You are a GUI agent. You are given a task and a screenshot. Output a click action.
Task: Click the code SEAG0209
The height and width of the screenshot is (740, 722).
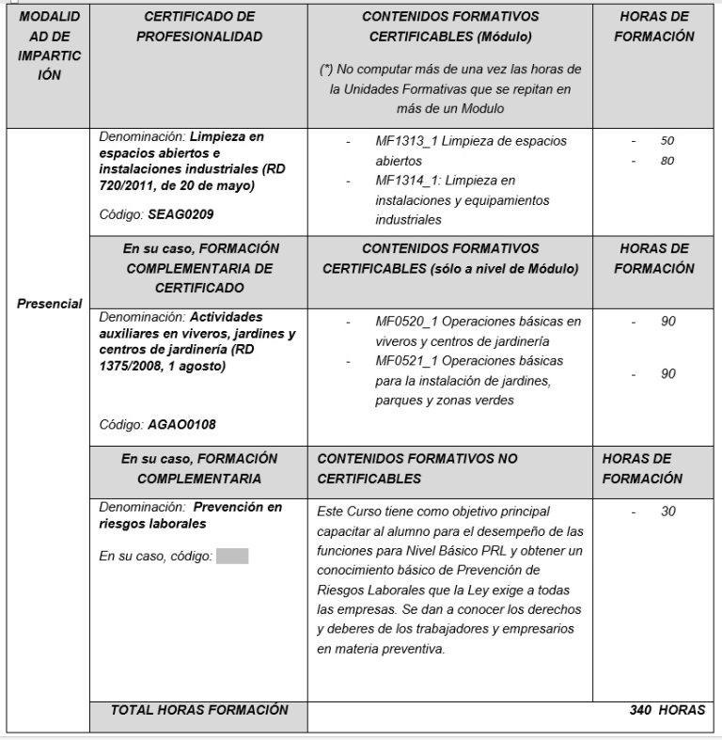(x=180, y=214)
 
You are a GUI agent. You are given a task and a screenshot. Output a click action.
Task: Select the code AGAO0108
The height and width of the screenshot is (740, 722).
(x=181, y=424)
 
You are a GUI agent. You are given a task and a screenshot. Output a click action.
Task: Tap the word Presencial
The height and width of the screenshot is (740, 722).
(x=50, y=304)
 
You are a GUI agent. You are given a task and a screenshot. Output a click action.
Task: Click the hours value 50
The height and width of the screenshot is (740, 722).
(x=667, y=141)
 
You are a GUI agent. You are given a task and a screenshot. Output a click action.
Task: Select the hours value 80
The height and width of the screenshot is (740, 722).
(x=667, y=161)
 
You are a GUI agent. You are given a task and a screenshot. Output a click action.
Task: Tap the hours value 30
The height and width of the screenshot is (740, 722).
(x=667, y=512)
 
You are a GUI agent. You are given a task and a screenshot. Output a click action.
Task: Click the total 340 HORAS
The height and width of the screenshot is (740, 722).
(x=667, y=711)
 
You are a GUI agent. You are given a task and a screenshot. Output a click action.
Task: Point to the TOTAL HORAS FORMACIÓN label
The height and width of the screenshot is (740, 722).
(x=199, y=711)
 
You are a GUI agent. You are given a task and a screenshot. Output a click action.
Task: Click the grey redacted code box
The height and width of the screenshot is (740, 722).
(x=232, y=556)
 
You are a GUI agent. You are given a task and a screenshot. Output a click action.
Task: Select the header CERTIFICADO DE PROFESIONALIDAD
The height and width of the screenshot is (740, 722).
(x=199, y=26)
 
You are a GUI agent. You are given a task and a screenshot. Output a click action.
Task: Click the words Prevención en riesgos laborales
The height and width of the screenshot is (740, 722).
(x=188, y=515)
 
